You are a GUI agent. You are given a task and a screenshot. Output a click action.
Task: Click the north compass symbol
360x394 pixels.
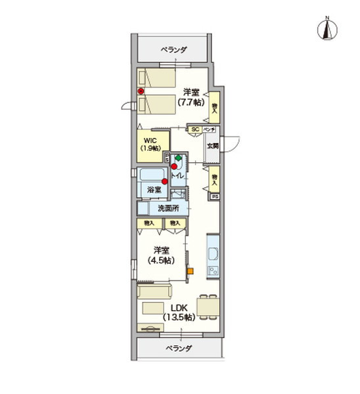[x=326, y=28]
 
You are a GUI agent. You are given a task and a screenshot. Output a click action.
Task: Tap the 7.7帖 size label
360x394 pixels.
[x=190, y=103]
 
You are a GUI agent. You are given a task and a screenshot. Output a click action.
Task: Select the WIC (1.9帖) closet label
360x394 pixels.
[x=151, y=144]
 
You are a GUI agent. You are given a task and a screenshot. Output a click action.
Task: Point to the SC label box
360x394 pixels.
[x=195, y=129]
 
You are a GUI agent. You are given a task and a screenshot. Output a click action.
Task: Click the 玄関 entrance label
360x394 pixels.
[x=212, y=146]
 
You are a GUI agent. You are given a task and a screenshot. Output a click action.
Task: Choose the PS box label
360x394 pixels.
[x=214, y=196]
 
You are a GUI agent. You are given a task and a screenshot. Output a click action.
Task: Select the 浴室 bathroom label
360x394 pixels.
[x=153, y=189]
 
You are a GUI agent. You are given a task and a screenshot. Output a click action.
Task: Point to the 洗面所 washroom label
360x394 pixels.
[x=168, y=209]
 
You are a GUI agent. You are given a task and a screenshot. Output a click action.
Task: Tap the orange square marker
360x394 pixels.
[x=191, y=271]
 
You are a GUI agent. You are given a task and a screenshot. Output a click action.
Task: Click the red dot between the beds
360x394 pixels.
[x=141, y=91]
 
